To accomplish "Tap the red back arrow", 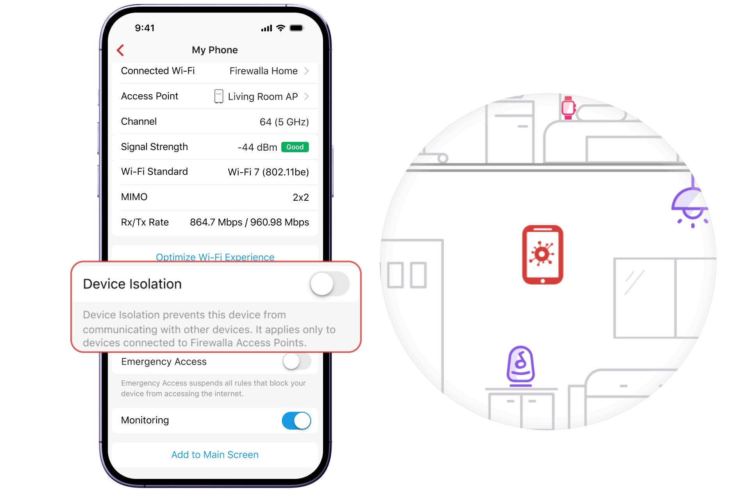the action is tap(120, 50).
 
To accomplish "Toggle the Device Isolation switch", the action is tap(329, 284).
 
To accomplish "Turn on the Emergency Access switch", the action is tap(297, 361).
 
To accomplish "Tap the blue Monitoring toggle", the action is tap(296, 421).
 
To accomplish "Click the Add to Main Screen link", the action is tap(215, 455).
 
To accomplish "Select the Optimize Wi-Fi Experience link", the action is tap(215, 257).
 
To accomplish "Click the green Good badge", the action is tap(295, 147).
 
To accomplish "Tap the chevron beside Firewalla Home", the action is tap(307, 71).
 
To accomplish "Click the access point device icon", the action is tap(219, 96).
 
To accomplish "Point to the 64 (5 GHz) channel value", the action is tap(284, 122).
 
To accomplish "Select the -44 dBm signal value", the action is tap(257, 147).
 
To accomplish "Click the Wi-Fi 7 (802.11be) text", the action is tap(268, 172).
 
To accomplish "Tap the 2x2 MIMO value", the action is tap(301, 197).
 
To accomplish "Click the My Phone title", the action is tap(215, 50).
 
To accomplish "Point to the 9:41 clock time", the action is tap(145, 28).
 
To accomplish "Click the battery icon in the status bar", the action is tap(296, 28).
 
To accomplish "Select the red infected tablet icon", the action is tap(543, 255).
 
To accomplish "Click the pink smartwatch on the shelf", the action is tap(568, 108).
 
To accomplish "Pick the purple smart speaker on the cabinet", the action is tap(520, 366).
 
